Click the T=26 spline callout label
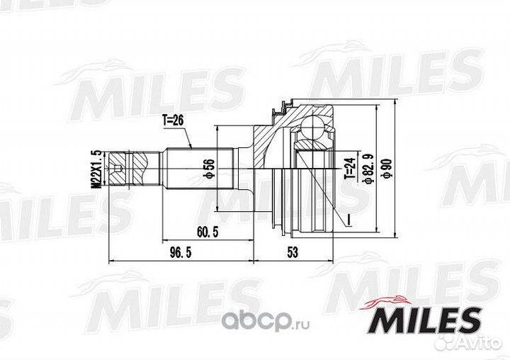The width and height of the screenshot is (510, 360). click(x=173, y=120)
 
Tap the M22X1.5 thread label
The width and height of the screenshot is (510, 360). click(x=97, y=169)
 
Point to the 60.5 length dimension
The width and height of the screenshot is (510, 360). click(x=208, y=232)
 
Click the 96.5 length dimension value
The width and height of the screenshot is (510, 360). click(x=181, y=252)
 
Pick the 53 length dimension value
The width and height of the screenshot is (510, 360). click(x=293, y=252)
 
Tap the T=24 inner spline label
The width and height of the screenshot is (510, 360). click(x=350, y=167)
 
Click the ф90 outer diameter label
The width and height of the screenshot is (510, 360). click(x=387, y=169)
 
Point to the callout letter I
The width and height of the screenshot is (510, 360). click(x=348, y=220)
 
